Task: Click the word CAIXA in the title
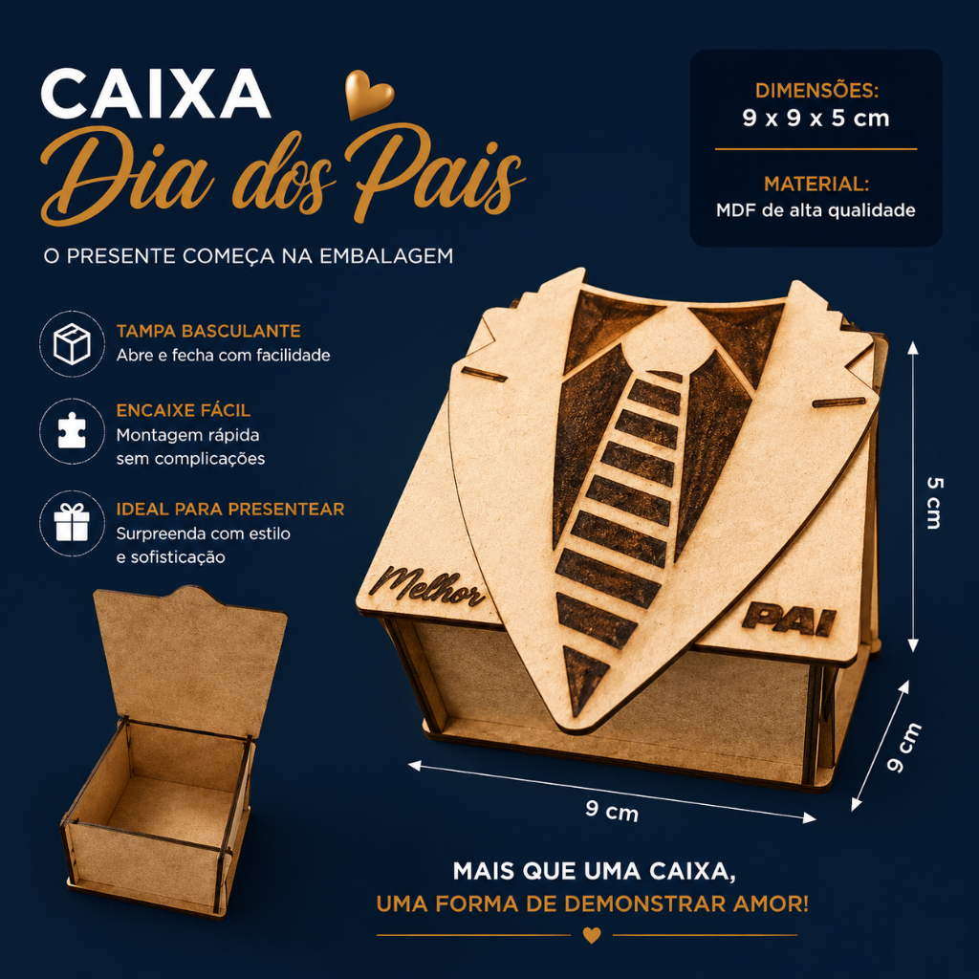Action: click(156, 94)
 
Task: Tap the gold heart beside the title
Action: click(369, 93)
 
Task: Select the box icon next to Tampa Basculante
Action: click(72, 343)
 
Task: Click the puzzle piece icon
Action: click(72, 431)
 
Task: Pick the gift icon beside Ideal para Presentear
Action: click(72, 523)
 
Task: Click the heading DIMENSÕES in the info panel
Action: click(816, 91)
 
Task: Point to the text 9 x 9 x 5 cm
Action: click(816, 119)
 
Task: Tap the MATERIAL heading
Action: click(816, 185)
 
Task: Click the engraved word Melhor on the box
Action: click(426, 586)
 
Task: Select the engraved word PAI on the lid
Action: click(789, 619)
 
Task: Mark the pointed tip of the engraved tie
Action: click(576, 715)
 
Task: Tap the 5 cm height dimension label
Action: click(933, 503)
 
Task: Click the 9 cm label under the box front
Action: click(612, 811)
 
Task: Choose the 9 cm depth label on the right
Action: click(903, 748)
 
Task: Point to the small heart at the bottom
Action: click(591, 935)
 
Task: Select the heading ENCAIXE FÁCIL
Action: click(184, 410)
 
